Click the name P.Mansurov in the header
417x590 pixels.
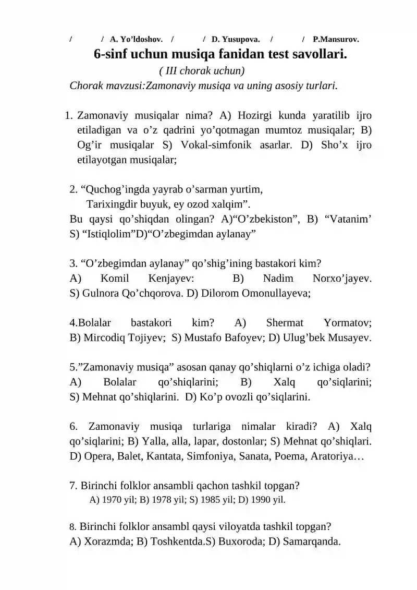336,39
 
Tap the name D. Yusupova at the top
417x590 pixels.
236,39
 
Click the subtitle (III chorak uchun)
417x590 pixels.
202,70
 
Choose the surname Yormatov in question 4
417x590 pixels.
347,322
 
